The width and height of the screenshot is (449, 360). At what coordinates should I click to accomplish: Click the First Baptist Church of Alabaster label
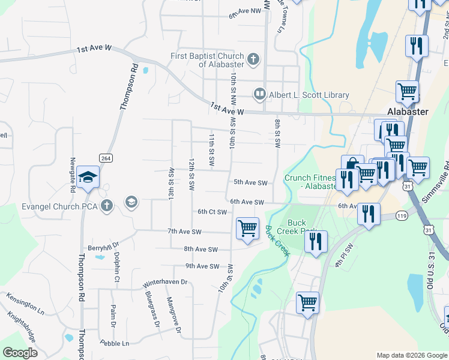coord(207,60)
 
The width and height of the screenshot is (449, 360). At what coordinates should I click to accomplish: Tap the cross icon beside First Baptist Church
coord(253,59)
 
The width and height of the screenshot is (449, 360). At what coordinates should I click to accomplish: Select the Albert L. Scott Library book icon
coord(260,94)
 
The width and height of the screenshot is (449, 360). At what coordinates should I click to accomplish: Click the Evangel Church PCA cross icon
coord(107,206)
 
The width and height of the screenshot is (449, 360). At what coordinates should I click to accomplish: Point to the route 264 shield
coord(106,158)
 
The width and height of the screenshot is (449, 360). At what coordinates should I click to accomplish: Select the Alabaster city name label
coord(408,112)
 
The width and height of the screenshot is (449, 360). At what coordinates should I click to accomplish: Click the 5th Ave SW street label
coord(250,182)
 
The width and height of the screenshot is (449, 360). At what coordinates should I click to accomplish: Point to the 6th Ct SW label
coord(212,212)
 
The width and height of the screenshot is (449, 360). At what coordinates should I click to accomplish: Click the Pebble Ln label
coord(115,344)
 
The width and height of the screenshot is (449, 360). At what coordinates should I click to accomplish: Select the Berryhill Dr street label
coord(104,247)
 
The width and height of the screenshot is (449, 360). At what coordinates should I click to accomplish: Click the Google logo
coord(20,353)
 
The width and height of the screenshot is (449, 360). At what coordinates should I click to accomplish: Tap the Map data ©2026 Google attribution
coord(412,355)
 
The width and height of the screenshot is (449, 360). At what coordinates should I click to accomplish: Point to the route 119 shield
coord(402,215)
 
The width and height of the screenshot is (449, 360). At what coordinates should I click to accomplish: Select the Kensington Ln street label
coord(25,304)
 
